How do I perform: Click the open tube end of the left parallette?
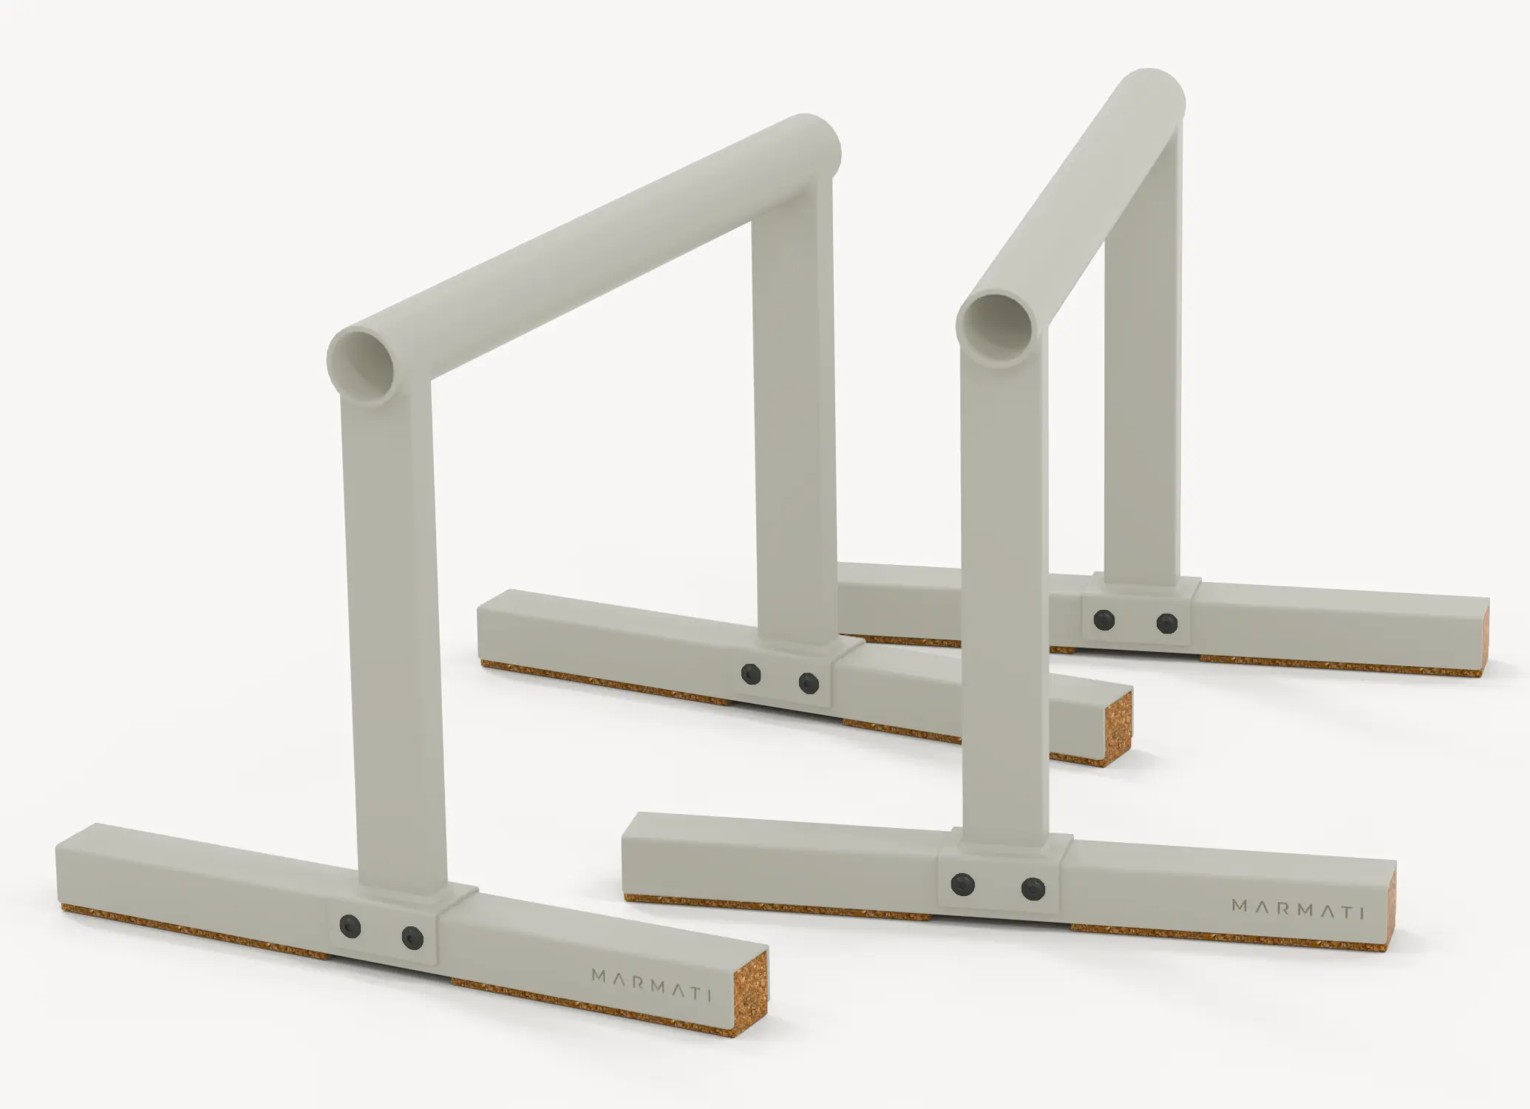coord(364,364)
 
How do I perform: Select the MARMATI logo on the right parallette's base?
coord(1297,910)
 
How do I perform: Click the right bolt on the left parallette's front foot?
coord(412,937)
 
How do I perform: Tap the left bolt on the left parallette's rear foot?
coord(752,672)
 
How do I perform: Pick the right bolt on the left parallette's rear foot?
coord(809,683)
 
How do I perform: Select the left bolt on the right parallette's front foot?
coord(962,883)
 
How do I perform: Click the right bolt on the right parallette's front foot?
coord(1033,889)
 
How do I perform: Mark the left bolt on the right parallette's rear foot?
coord(1104,620)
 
